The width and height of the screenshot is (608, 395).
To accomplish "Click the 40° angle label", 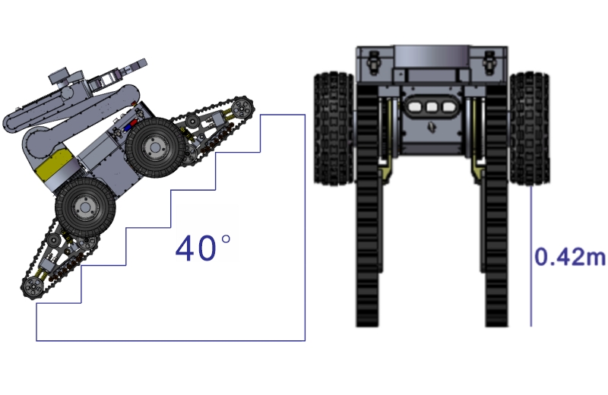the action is click(203, 248).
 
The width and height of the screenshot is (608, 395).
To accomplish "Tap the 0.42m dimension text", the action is click(570, 257).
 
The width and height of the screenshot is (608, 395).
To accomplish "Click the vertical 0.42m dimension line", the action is click(530, 255).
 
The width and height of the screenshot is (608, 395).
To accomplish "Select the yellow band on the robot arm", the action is click(55, 165).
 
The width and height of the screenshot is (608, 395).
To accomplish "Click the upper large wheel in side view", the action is click(156, 147).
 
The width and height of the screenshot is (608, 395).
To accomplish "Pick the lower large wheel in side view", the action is click(85, 207).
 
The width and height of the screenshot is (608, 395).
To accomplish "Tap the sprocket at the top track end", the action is click(242, 108).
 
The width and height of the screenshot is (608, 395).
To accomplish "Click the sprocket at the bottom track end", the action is click(33, 288).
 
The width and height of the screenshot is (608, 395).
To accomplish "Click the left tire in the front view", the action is click(334, 128).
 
